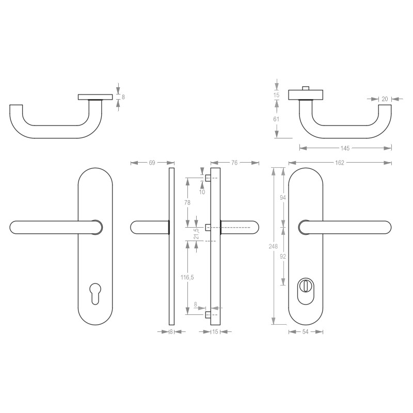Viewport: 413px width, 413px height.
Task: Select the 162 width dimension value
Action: [x=340, y=163]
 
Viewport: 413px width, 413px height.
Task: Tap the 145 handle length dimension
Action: [x=345, y=148]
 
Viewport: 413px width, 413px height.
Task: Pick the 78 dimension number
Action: [x=187, y=202]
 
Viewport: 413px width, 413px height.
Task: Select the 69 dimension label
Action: [x=152, y=163]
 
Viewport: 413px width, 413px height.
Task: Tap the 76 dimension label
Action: [x=234, y=163]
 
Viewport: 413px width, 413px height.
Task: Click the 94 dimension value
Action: [x=283, y=197]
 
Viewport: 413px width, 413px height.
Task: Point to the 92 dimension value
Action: [x=283, y=256]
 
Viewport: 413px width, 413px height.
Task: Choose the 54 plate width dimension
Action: [x=306, y=331]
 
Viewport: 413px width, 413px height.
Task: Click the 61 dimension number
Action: [x=276, y=119]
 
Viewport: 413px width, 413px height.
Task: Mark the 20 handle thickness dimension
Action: [x=385, y=99]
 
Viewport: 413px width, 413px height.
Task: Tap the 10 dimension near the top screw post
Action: [x=202, y=192]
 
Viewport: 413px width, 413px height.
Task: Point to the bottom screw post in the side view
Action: [x=208, y=314]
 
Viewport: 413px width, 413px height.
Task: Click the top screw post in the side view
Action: [x=208, y=179]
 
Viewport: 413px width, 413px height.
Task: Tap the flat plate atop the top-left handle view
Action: [x=95, y=97]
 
